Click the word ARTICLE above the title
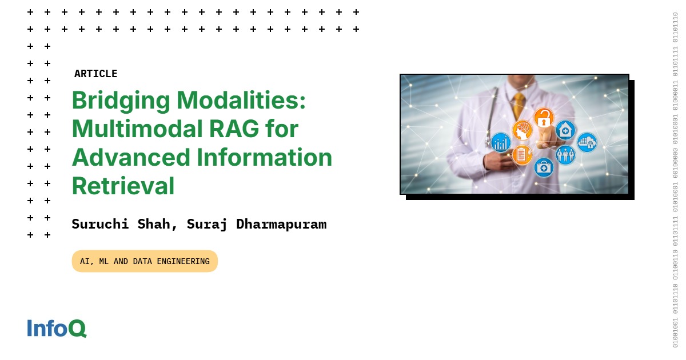[95, 74]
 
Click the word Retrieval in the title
[123, 186]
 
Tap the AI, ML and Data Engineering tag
[145, 261]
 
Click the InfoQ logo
[57, 328]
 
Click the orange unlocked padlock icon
[544, 118]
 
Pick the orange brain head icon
[522, 130]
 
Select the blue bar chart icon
[501, 142]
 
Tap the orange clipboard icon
[522, 154]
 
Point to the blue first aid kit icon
[544, 167]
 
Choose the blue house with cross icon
[565, 130]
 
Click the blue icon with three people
[565, 154]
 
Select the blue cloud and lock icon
[587, 142]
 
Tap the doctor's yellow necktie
[519, 105]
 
